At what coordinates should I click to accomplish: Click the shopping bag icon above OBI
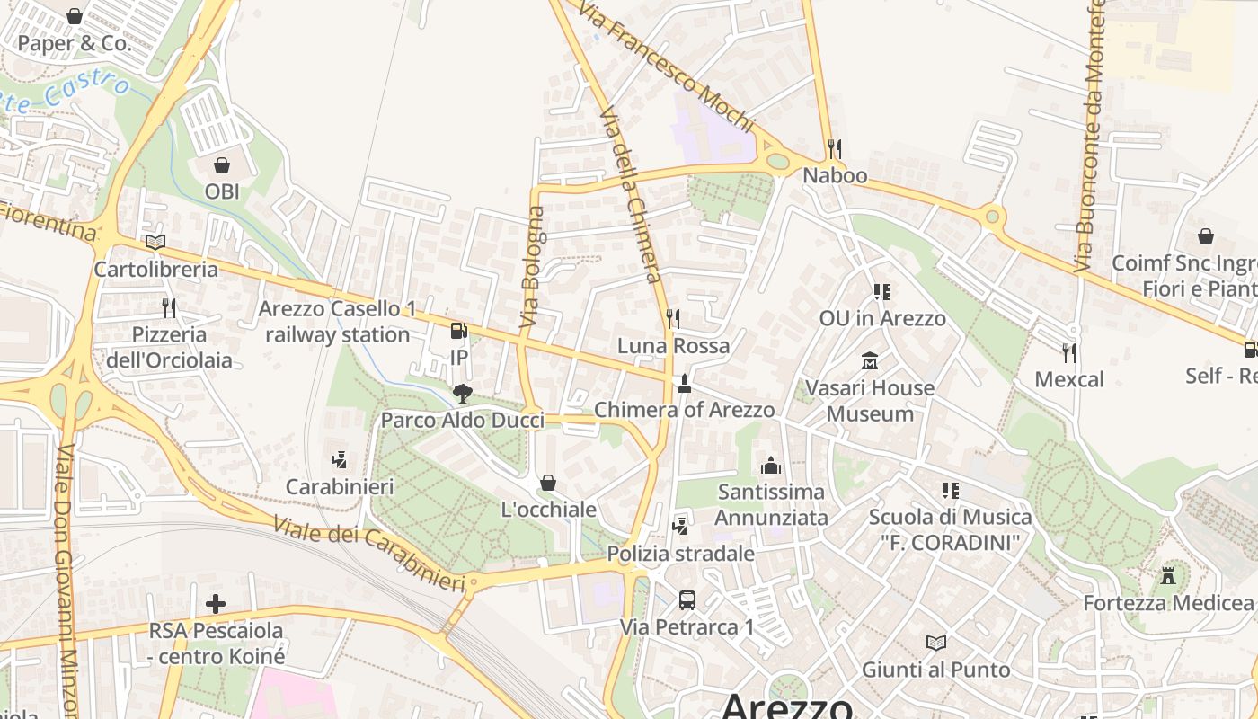[x=221, y=165]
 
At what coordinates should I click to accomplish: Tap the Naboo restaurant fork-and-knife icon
[x=835, y=148]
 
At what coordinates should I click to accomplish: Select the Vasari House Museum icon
[x=869, y=361]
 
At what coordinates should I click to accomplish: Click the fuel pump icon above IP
[x=458, y=331]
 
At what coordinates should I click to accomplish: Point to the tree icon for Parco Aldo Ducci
[x=462, y=393]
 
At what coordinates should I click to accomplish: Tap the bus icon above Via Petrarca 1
[x=687, y=599]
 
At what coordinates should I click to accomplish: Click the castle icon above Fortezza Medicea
[x=1168, y=575]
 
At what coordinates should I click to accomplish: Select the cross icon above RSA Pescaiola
[x=216, y=603]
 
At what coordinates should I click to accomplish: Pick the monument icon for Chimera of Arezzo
[x=684, y=384]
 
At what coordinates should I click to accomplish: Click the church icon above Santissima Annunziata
[x=770, y=466]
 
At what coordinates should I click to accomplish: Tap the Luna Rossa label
[x=673, y=346]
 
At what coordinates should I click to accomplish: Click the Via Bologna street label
[x=533, y=266]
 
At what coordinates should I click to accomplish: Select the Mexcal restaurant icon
[x=1068, y=352]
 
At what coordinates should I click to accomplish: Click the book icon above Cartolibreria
[x=155, y=242]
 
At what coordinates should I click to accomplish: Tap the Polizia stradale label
[x=680, y=554]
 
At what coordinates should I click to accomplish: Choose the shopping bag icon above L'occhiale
[x=547, y=484]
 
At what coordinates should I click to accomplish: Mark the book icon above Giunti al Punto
[x=936, y=643]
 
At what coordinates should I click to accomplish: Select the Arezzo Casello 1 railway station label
[x=337, y=322]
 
